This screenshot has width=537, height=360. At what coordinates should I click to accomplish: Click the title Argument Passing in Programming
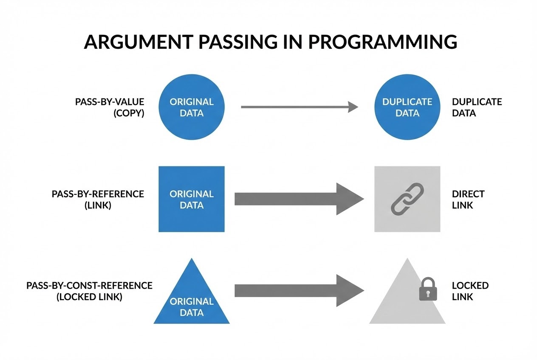(270, 42)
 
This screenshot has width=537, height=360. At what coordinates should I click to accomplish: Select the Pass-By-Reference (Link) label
(98, 200)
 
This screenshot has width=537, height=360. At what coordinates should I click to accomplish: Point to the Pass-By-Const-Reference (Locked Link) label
(89, 291)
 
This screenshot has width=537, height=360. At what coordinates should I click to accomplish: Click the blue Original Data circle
(192, 107)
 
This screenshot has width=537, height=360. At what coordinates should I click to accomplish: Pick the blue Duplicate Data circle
(407, 107)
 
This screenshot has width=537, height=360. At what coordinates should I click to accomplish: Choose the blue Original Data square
(192, 199)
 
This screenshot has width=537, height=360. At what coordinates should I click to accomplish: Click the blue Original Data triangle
(192, 297)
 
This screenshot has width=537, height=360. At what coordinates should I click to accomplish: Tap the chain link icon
(407, 198)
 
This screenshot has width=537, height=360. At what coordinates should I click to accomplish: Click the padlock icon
(428, 290)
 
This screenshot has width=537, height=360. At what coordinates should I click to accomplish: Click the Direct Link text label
(468, 200)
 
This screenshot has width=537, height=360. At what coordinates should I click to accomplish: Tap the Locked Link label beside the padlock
(470, 291)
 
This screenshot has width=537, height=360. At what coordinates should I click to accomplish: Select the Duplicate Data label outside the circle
(477, 107)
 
